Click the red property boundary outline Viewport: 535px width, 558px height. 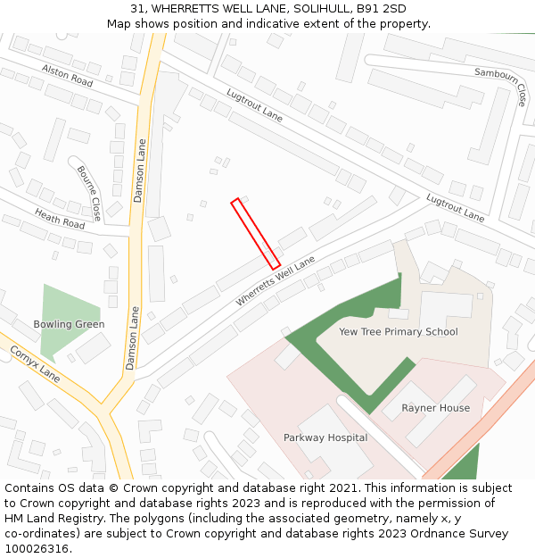[x=256, y=234]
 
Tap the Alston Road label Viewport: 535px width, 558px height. [x=67, y=75]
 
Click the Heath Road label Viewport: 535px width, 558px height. [x=60, y=219]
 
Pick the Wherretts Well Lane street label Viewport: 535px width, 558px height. [x=276, y=282]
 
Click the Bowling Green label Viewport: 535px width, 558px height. [x=69, y=324]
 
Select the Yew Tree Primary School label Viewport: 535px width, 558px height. [x=399, y=331]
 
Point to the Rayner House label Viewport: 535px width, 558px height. [x=435, y=408]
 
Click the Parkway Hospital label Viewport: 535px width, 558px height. [x=325, y=437]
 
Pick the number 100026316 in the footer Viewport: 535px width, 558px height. [x=37, y=548]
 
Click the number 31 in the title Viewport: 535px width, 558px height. [x=137, y=8]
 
